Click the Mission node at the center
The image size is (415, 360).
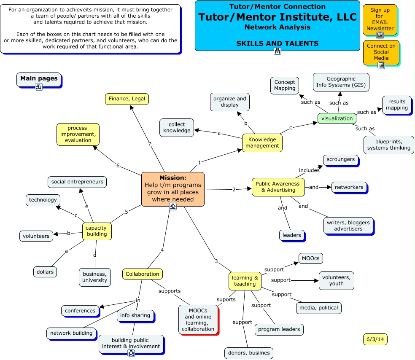click(172, 188)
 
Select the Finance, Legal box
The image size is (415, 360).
click(127, 99)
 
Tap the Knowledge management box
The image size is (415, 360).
click(262, 142)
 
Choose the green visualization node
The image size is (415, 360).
click(337, 118)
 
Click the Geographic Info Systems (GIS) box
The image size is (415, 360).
click(341, 82)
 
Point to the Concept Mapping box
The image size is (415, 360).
click(285, 85)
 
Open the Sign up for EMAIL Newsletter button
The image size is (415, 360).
click(380, 19)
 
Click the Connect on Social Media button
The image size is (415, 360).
click(381, 52)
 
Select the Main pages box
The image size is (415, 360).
click(39, 79)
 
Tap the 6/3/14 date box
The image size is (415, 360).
click(375, 339)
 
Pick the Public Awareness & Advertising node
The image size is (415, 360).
click(278, 187)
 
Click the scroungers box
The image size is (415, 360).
click(341, 160)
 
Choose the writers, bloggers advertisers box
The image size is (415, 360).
click(348, 225)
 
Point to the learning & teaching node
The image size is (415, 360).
click(245, 281)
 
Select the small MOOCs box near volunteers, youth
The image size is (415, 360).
click(311, 258)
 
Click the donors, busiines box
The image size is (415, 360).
click(248, 352)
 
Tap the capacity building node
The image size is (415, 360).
click(97, 231)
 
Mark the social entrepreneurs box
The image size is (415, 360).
click(77, 182)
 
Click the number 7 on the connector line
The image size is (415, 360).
click(149, 144)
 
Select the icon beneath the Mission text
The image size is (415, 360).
click(172, 206)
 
